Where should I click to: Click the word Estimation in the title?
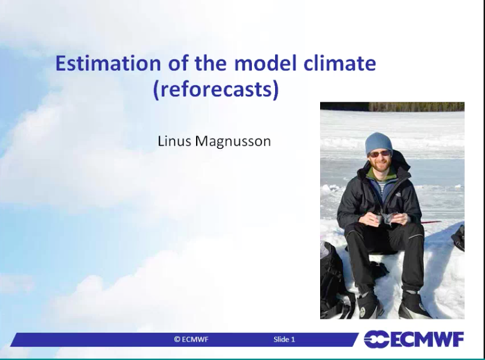pos(108,63)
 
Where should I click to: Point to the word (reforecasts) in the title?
pos(216,89)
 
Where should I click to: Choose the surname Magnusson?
pos(233,142)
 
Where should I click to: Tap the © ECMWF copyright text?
pos(191,339)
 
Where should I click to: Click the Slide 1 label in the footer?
pos(284,339)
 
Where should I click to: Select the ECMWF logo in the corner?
pos(414,339)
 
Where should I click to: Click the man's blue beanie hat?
pos(379,143)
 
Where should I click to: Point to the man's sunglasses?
pos(379,154)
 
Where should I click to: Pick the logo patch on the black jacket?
pos(399,195)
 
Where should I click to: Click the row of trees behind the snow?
pos(416,106)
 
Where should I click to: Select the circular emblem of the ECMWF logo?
pos(376,339)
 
